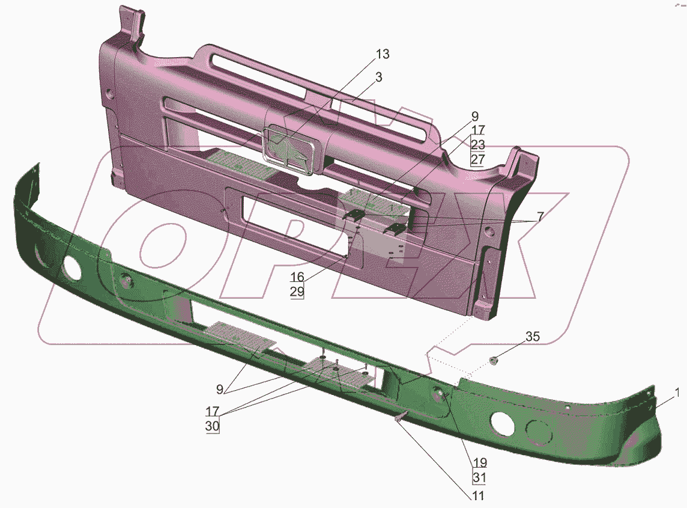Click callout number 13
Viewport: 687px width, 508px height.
tap(383, 54)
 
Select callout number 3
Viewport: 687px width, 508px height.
tap(378, 77)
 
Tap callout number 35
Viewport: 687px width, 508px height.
tap(532, 337)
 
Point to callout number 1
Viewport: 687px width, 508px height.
tap(677, 393)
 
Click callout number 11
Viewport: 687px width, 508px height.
tap(478, 496)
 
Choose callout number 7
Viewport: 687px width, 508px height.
tap(540, 216)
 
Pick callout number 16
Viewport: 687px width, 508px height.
tap(297, 277)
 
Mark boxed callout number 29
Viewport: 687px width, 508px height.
tap(297, 292)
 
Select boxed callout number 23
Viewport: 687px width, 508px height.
tap(478, 144)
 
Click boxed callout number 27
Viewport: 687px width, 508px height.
tap(478, 159)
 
